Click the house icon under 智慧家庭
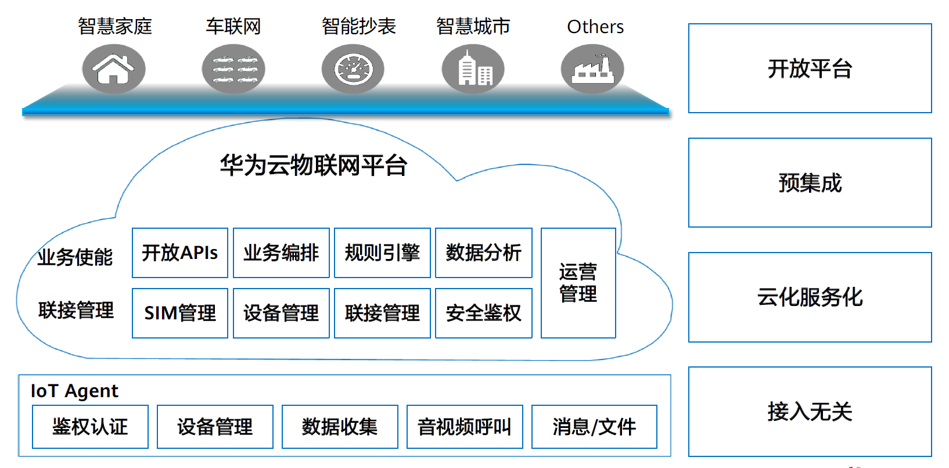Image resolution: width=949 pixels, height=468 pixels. (x=114, y=69)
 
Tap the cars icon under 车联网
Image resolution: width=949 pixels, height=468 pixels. (x=233, y=69)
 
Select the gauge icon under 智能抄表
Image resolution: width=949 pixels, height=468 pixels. (x=353, y=69)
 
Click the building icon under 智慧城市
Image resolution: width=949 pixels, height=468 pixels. (x=473, y=69)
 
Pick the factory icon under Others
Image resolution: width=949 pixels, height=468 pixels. (x=592, y=69)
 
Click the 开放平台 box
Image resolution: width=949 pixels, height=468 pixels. (x=810, y=69)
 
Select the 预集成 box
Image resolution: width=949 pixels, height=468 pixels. (x=810, y=183)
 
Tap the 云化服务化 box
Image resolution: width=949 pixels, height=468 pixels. (x=810, y=297)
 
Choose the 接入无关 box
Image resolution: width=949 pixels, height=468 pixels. (x=810, y=412)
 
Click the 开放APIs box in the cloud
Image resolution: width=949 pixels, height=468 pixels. (x=180, y=253)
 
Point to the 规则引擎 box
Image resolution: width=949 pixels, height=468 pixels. (x=382, y=253)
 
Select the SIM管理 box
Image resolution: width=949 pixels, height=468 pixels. (x=180, y=314)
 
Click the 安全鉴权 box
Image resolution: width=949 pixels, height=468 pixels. (x=483, y=314)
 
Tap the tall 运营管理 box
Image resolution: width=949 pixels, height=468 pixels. (x=578, y=283)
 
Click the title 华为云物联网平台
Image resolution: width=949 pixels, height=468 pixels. (x=314, y=165)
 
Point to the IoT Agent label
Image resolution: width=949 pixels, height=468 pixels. (x=74, y=391)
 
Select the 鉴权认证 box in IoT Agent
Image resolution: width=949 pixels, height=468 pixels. (x=90, y=427)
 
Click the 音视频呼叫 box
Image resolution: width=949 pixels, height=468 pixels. (x=465, y=427)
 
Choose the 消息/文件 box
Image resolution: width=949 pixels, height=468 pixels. (x=594, y=427)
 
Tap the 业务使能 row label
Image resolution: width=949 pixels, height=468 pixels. (x=75, y=257)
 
